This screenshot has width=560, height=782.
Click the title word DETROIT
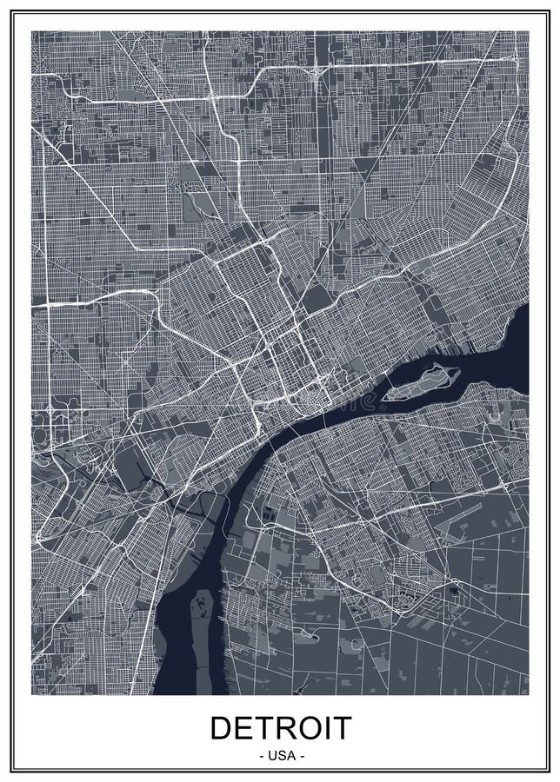tap(280, 727)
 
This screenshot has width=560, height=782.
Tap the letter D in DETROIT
tap(222, 727)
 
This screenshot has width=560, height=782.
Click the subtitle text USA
tap(280, 756)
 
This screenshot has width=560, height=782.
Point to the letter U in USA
tap(270, 756)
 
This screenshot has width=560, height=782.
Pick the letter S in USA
tap(280, 756)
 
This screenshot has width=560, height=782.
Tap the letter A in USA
tap(290, 756)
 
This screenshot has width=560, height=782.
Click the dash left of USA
tap(260, 756)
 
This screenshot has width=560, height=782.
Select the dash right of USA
tap(301, 756)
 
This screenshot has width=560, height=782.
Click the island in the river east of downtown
tap(423, 383)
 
